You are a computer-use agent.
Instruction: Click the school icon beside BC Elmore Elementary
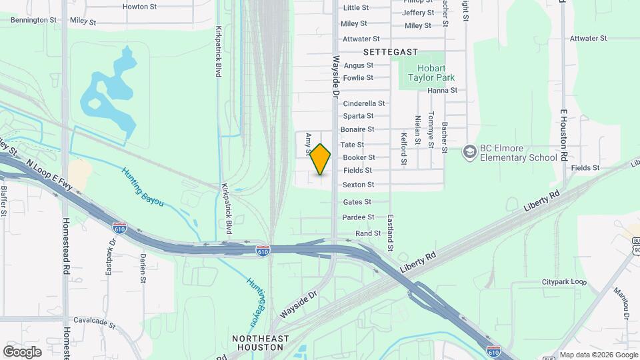click(470, 153)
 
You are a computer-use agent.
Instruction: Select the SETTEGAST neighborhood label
click(390, 52)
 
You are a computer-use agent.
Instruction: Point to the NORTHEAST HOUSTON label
click(261, 343)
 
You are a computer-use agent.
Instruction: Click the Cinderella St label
click(363, 103)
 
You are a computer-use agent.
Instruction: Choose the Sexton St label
click(358, 185)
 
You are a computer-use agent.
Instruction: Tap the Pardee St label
click(358, 217)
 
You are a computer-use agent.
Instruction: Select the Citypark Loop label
click(563, 281)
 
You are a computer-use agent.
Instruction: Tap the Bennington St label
click(33, 20)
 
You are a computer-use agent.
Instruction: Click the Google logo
click(22, 351)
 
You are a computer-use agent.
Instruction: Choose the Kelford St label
click(403, 149)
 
